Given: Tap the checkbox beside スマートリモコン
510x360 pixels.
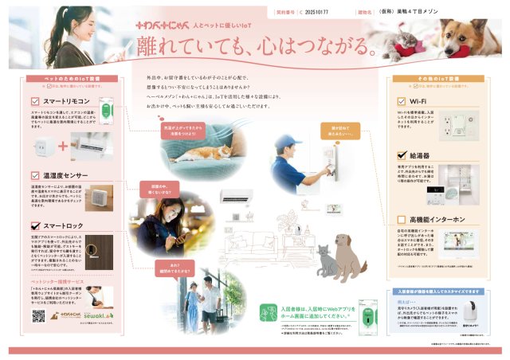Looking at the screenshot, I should click(35, 102).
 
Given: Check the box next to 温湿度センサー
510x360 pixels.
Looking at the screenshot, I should click(35, 174).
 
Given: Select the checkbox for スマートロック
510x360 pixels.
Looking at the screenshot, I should click(35, 226).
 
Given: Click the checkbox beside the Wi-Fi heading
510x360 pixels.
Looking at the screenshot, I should click(401, 102).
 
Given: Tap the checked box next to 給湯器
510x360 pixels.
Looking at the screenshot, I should click(401, 156).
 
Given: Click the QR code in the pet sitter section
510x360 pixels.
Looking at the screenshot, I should click(39, 315).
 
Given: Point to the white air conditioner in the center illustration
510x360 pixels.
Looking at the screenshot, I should click(239, 195).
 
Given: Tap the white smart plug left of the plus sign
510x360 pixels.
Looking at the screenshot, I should click(45, 146).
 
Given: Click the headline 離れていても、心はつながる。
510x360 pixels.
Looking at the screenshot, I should click(256, 45).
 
